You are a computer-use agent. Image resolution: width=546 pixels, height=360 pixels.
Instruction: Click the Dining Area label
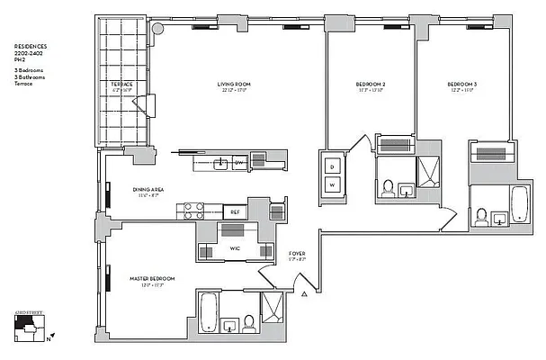tap(147, 190)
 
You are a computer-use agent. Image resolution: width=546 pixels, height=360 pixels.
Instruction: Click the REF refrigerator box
tap(234, 211)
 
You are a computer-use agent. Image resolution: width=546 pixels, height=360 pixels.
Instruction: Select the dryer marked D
tap(331, 166)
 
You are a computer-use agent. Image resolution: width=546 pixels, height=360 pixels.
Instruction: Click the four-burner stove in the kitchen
tap(193, 211)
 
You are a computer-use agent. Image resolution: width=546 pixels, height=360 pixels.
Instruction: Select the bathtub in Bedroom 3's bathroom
tap(520, 206)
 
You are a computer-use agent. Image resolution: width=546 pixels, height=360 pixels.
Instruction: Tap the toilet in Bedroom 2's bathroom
tap(388, 188)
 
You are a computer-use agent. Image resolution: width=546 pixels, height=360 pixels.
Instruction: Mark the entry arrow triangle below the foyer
tap(306, 292)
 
